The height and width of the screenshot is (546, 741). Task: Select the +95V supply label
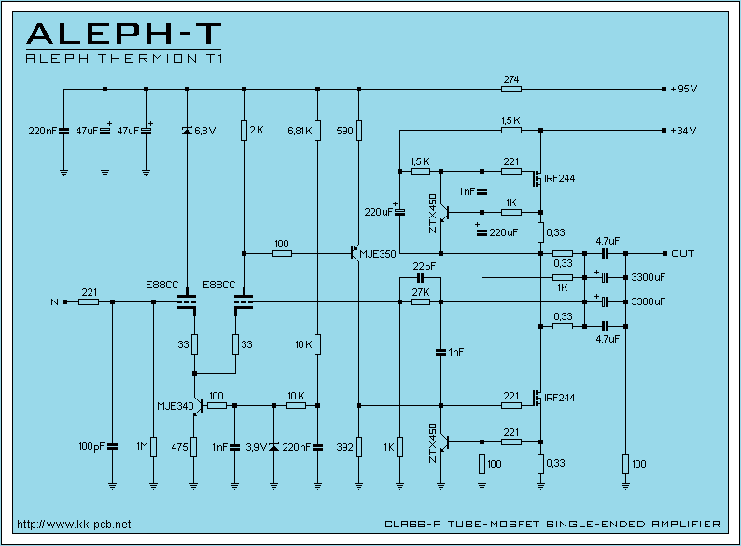point(684,90)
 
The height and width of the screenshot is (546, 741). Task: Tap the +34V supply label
point(684,130)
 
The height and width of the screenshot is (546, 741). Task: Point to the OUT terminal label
point(682,253)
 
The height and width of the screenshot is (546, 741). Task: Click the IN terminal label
point(53,302)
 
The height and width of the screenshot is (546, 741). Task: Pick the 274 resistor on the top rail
point(510,79)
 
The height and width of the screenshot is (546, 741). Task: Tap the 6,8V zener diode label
point(204,131)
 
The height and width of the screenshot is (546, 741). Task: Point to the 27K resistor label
point(420,292)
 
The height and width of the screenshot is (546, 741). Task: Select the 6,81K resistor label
point(300,131)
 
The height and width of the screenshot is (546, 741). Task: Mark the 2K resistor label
point(257,131)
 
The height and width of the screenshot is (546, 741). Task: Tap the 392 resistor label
point(344,447)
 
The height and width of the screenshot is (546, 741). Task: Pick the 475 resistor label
point(179,447)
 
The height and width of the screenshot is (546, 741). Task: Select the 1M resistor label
point(141,447)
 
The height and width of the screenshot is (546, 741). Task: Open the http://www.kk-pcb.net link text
point(74,524)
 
